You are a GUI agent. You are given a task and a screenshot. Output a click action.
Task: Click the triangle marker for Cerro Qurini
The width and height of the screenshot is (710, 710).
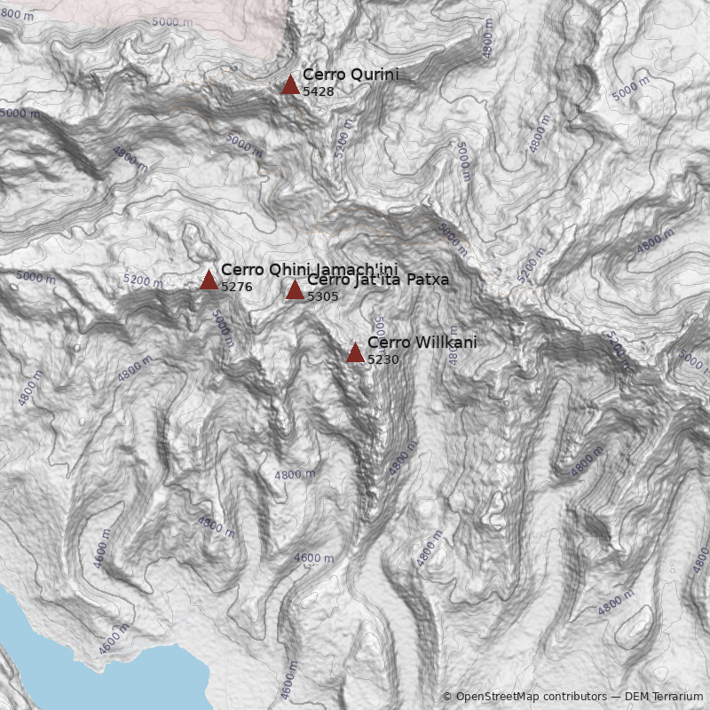[290, 85]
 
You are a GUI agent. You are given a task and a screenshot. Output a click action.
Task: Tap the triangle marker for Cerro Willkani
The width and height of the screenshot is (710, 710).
[355, 353]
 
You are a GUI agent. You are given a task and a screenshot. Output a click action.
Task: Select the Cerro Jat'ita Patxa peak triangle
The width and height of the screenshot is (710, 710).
[295, 290]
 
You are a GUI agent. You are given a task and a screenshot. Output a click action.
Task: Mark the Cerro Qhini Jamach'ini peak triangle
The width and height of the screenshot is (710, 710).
[209, 280]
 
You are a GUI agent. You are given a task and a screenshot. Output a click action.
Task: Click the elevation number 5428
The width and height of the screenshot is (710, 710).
[318, 91]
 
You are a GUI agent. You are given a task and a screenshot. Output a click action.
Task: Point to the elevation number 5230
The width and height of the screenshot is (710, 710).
[383, 359]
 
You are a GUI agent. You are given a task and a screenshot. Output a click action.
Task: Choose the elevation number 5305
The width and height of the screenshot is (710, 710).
[323, 296]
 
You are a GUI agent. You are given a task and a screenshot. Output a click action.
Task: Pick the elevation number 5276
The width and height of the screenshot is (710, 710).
[237, 287]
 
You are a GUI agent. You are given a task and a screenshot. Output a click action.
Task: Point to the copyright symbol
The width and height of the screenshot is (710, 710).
[447, 697]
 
